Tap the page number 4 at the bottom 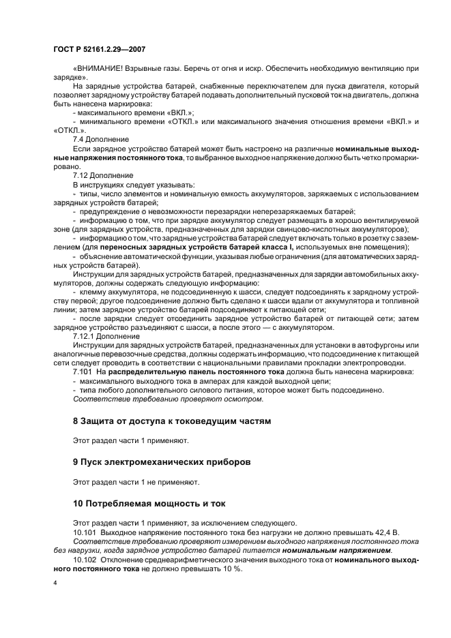click(x=55, y=583)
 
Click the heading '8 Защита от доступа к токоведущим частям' click(x=171, y=421)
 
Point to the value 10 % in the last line click(x=233, y=567)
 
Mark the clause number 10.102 click(x=86, y=558)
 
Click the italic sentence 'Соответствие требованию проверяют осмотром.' click(x=167, y=399)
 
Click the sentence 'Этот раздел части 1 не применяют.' click(x=136, y=483)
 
